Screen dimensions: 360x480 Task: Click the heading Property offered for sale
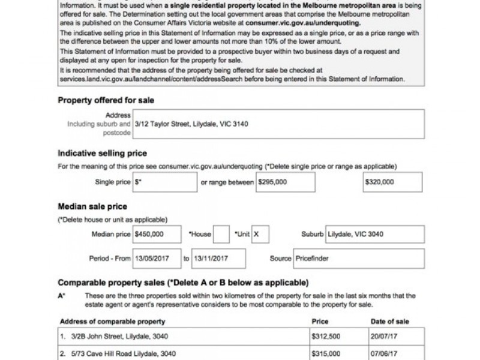tap(106, 100)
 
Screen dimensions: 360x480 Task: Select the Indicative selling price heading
tap(102, 153)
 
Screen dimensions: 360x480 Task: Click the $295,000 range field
tap(285, 181)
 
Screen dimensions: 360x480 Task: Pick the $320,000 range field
tap(393, 181)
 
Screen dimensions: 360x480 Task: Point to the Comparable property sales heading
tap(183, 282)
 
